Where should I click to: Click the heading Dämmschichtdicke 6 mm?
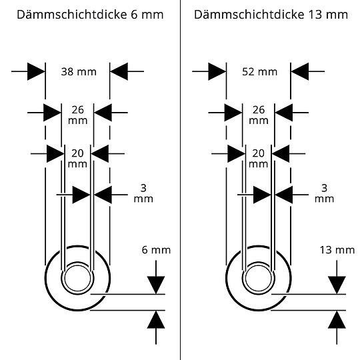[89, 15]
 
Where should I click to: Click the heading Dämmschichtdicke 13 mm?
[270, 15]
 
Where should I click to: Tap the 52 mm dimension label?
[259, 71]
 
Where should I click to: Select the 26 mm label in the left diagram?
[77, 115]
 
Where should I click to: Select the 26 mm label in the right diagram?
[258, 115]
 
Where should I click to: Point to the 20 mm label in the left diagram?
[77, 157]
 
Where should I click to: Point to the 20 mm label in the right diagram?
[258, 157]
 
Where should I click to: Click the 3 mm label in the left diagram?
[143, 193]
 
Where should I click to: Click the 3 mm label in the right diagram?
[324, 193]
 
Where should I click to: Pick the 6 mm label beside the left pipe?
[156, 250]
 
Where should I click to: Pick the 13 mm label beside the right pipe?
[337, 250]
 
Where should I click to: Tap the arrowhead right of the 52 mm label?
[299, 71]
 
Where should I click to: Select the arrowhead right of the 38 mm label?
[119, 71]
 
